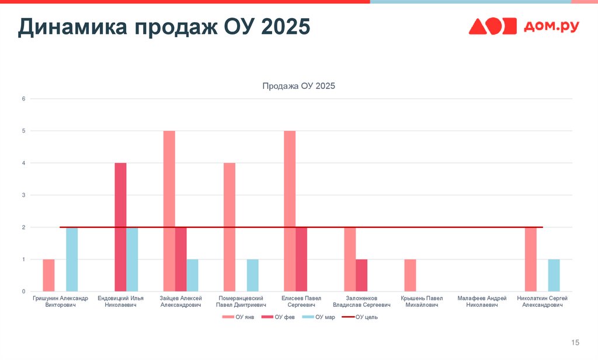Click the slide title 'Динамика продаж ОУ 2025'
[164, 27]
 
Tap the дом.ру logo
[524, 26]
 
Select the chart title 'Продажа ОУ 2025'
[299, 86]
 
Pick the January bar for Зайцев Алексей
[169, 211]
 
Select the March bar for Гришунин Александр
[72, 259]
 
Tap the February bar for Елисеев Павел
[301, 259]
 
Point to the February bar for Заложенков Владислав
[361, 275]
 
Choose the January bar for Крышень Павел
[410, 275]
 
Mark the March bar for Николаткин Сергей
[554, 275]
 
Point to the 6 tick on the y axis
[24, 99]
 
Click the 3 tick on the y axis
[24, 195]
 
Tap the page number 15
[575, 342]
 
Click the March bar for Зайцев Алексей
[193, 275]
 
